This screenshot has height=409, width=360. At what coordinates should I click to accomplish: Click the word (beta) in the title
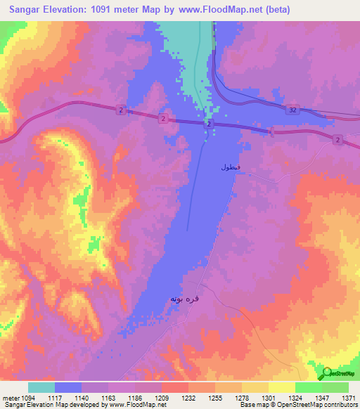(274, 10)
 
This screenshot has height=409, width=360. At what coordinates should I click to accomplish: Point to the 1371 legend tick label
(349, 398)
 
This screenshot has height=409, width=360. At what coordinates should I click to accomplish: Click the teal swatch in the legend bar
(41, 387)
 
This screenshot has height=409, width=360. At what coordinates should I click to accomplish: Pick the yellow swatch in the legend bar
(281, 387)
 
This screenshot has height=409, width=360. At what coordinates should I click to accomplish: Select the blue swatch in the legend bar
(68, 387)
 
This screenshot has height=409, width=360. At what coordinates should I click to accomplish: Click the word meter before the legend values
(11, 398)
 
